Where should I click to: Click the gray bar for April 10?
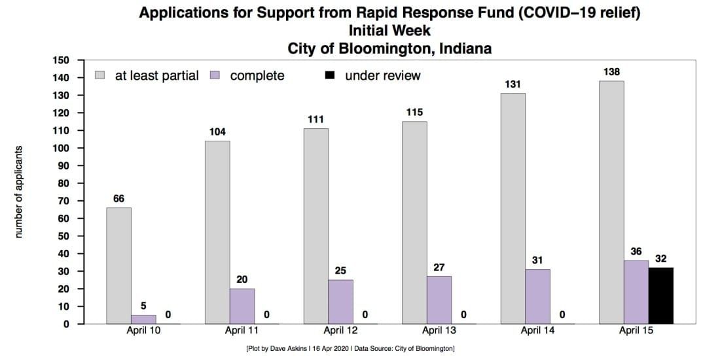coord(118,266)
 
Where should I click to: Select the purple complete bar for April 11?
coord(242,306)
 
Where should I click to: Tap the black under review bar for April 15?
coord(660,295)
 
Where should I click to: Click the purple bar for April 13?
coord(439,300)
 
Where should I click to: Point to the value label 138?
coord(611,71)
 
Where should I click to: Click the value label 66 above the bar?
coord(118,198)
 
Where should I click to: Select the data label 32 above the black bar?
coord(660,259)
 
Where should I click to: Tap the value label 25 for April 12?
coord(340,270)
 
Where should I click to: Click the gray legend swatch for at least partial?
coord(100,75)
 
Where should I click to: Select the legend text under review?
coord(382,76)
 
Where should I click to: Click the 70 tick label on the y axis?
coord(63,201)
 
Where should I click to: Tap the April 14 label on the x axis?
coord(538,331)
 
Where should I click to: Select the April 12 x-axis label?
coord(340,331)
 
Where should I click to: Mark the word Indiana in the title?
coord(466,48)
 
